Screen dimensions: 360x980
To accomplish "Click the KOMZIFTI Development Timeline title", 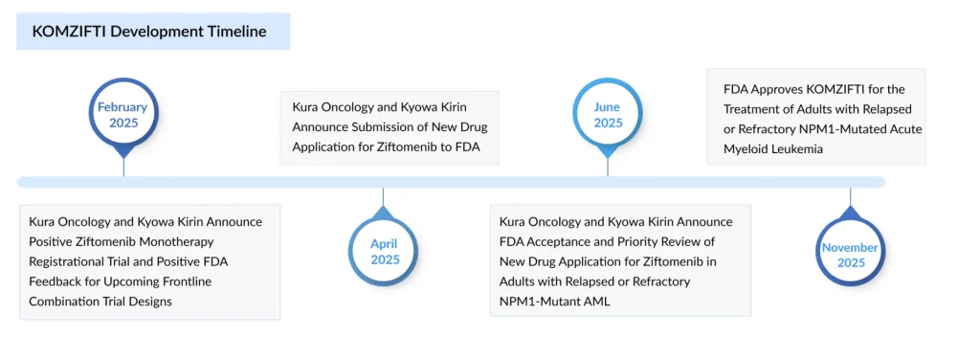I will point(149,32).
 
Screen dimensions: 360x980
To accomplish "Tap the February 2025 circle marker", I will point(123,115).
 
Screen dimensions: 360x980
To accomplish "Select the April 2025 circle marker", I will point(385,252).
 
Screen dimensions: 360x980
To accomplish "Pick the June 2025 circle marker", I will point(608,115).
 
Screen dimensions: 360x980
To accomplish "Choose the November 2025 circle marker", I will point(850,255).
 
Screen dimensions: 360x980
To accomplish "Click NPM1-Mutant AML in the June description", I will point(555,302).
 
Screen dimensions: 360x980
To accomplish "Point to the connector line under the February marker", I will point(123,165).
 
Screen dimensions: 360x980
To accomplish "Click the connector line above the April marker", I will point(383,198).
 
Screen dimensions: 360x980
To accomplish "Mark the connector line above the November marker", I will point(850,198).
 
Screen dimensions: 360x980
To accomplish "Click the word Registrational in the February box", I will point(73,261).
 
